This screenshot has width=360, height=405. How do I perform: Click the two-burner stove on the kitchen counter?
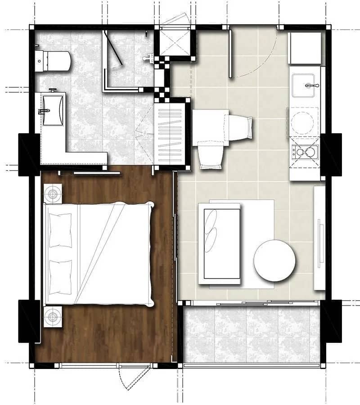pyautogui.click(x=305, y=152)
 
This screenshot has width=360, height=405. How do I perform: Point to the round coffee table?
pyautogui.click(x=274, y=261)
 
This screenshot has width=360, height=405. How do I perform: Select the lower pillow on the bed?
pyautogui.click(x=60, y=277)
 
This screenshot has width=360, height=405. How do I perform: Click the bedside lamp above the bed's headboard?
pyautogui.click(x=53, y=194)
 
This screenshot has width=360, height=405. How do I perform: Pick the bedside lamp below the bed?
pyautogui.click(x=53, y=317)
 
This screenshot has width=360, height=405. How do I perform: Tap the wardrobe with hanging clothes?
pyautogui.click(x=170, y=134)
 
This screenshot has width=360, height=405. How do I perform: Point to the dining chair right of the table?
pyautogui.click(x=238, y=127)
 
